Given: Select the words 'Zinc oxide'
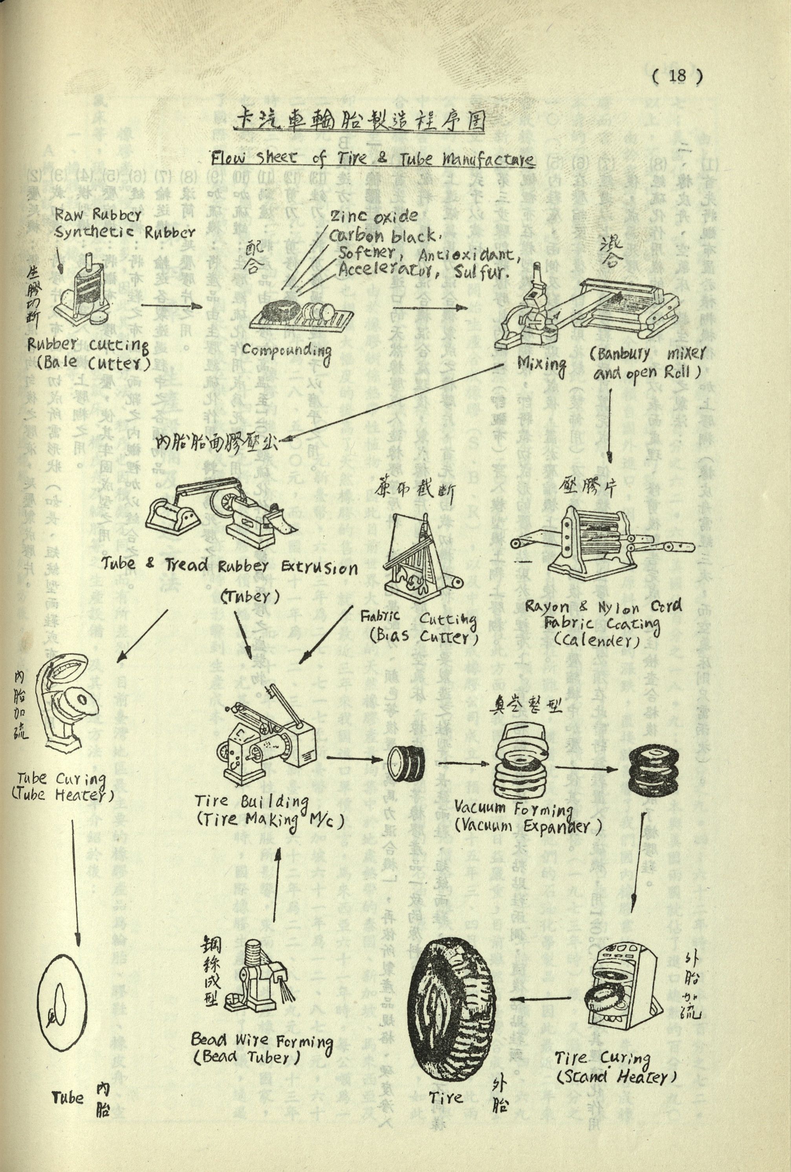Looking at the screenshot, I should click(374, 217).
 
